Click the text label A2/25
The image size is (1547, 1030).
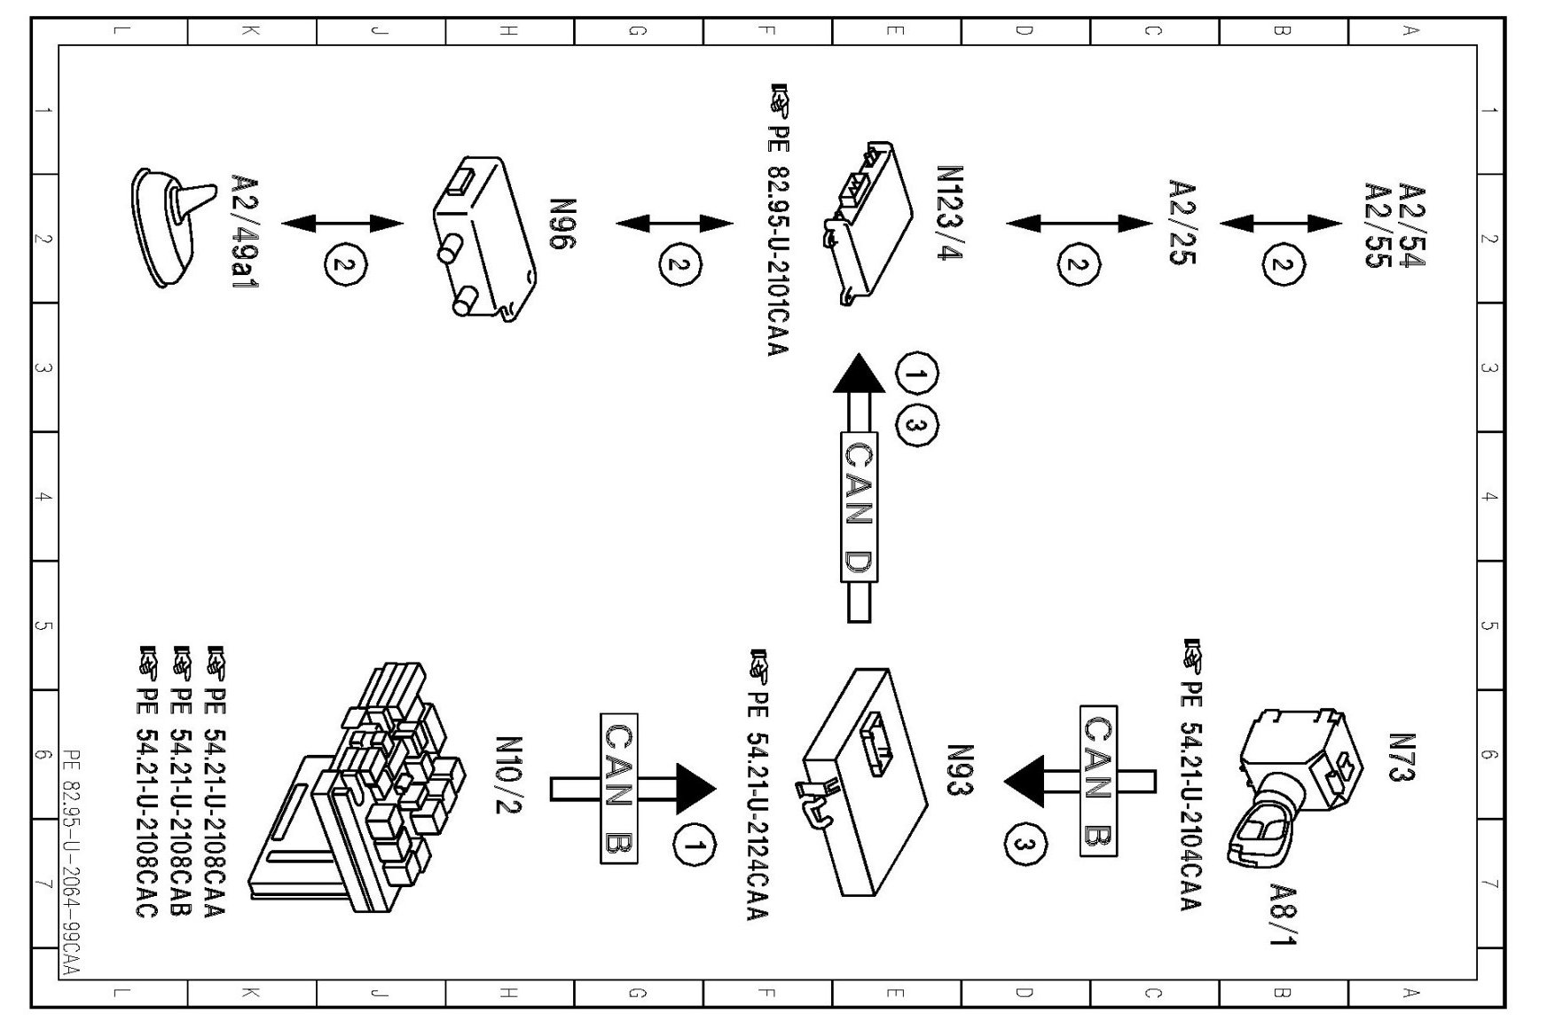coord(1182,223)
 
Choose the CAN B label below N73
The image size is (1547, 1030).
coord(1098,781)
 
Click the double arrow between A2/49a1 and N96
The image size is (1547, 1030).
coord(342,223)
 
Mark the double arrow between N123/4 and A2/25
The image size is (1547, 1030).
coord(1079,223)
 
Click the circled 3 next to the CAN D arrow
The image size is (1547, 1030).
coord(916,427)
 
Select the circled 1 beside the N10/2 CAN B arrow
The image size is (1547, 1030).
coord(695,845)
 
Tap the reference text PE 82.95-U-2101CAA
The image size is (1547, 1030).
coord(778,222)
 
